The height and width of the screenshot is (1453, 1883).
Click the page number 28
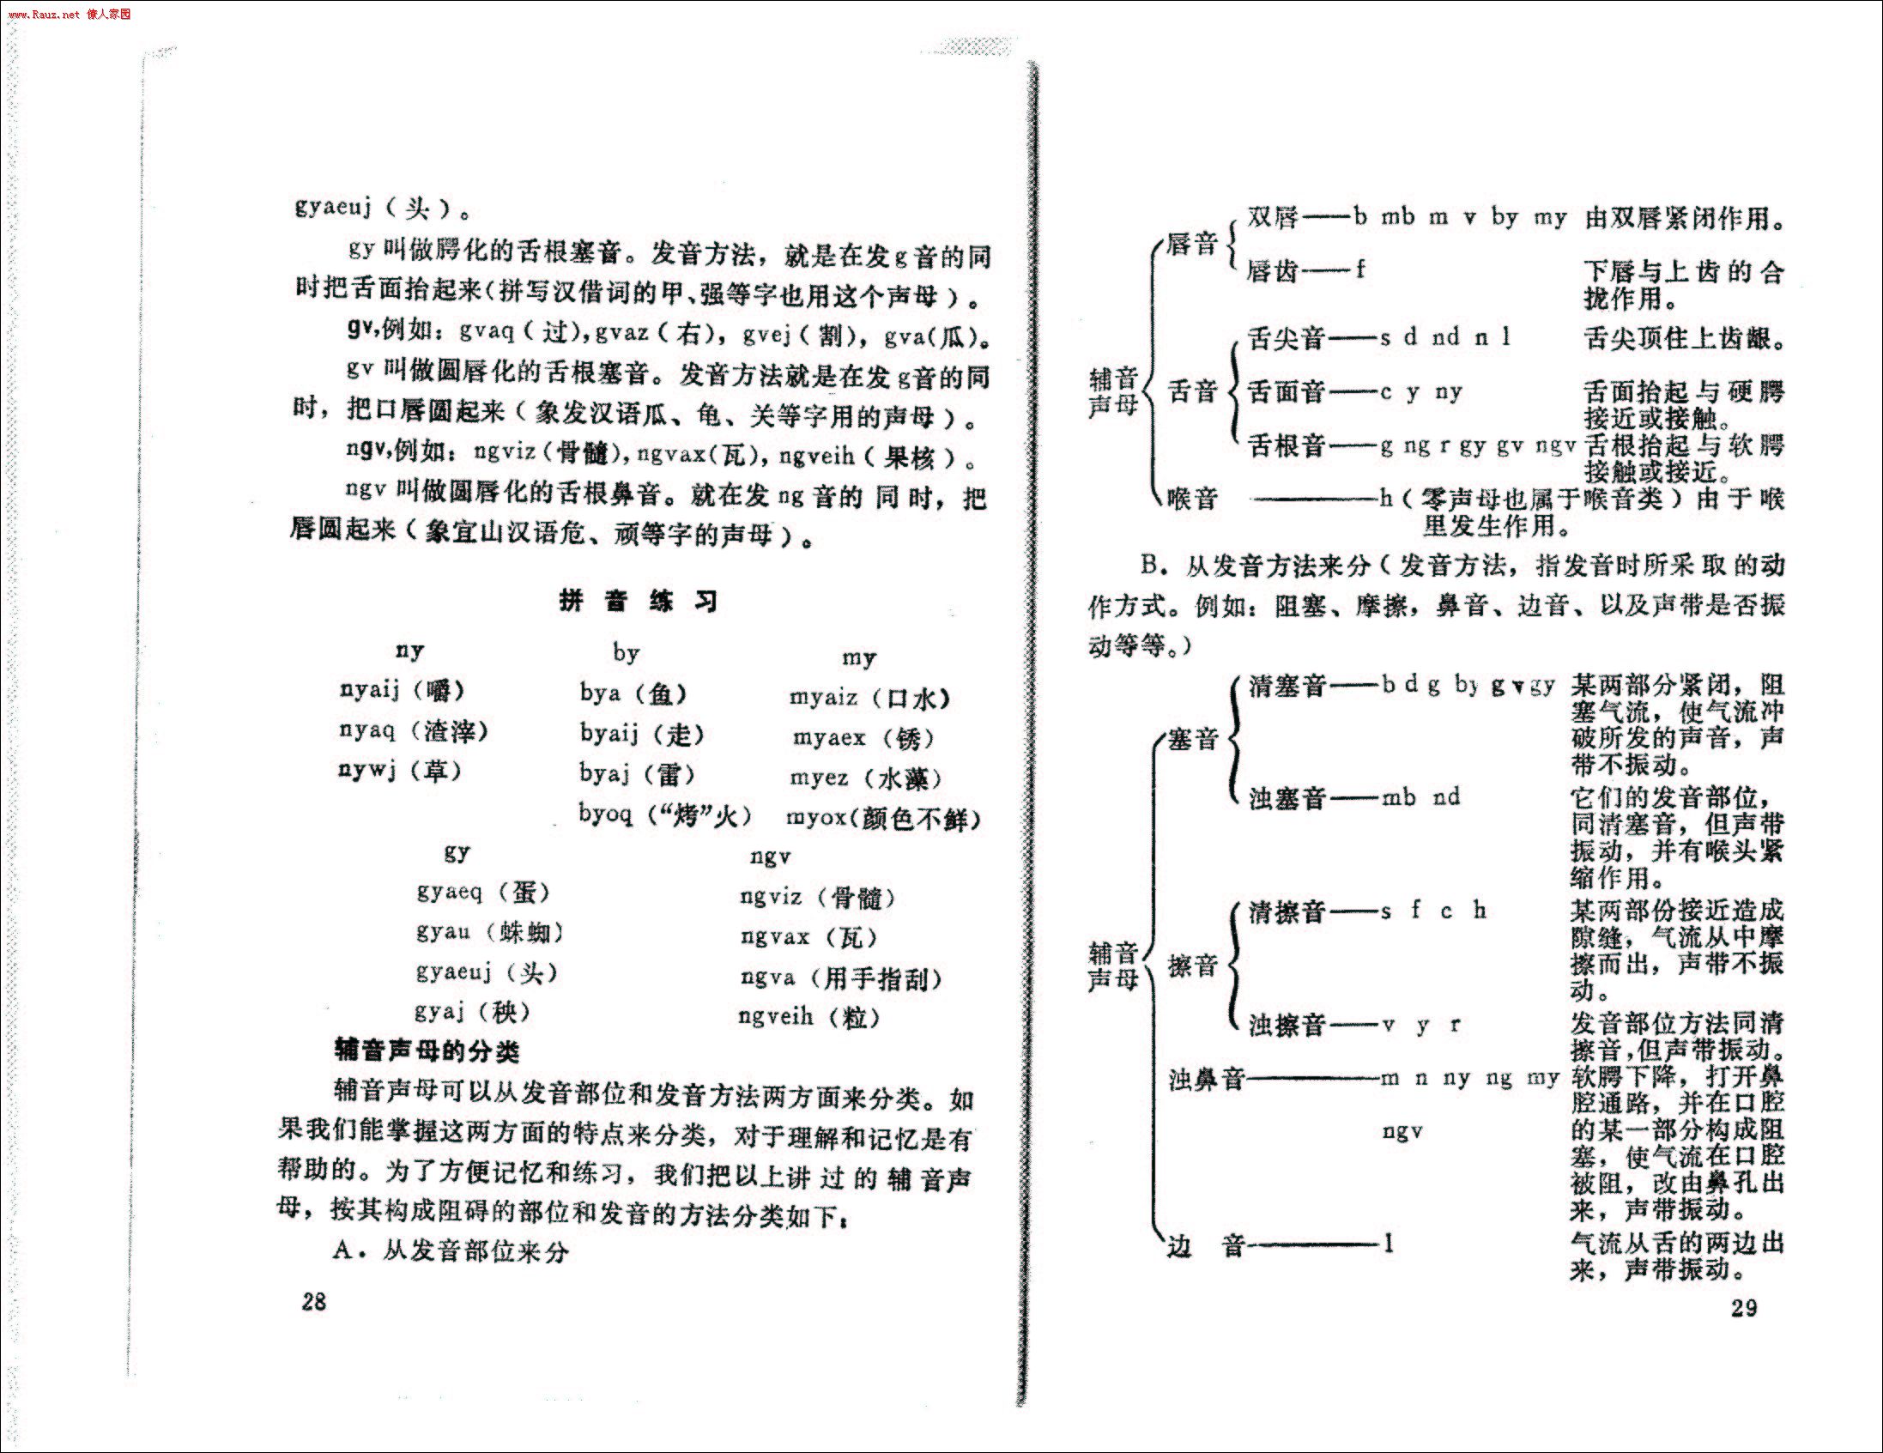coord(314,1301)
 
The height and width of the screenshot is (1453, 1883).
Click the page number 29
coord(1743,1307)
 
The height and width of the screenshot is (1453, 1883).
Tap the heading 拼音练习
coord(638,601)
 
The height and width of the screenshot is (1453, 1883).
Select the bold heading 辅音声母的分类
coord(427,1051)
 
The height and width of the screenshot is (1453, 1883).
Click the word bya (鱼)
coord(633,694)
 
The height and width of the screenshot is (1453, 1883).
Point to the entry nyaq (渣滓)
coord(413,731)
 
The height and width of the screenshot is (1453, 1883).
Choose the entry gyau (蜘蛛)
coord(490,932)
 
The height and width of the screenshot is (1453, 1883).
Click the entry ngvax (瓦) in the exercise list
coord(808,937)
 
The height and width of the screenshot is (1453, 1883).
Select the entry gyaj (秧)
coord(472,1012)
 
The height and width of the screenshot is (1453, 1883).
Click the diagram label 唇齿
coord(1273,271)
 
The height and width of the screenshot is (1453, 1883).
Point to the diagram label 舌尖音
coord(1286,338)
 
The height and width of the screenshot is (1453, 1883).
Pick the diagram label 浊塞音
coord(1287,797)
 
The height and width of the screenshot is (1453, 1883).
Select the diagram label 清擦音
coord(1287,911)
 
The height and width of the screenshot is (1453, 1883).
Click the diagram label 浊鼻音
coord(1206,1079)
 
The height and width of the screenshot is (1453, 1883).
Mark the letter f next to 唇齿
coord(1360,269)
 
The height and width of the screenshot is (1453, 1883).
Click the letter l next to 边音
coord(1388,1244)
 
